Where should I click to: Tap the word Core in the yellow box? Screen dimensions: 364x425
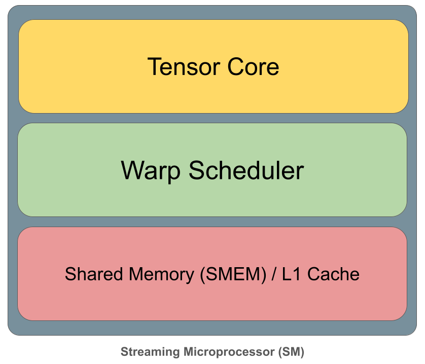pyautogui.click(x=253, y=67)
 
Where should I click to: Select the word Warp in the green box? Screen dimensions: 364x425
pyautogui.click(x=151, y=171)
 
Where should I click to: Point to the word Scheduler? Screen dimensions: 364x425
pyautogui.click(x=246, y=171)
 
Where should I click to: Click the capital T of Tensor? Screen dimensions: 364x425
pyautogui.click(x=154, y=67)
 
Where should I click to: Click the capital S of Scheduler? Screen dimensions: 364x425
pyautogui.click(x=197, y=171)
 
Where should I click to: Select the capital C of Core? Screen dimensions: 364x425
pyautogui.click(x=236, y=67)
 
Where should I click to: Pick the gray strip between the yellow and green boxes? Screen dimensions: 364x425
pyautogui.click(x=213, y=118)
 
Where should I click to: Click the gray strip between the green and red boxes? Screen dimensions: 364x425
pyautogui.click(x=213, y=222)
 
